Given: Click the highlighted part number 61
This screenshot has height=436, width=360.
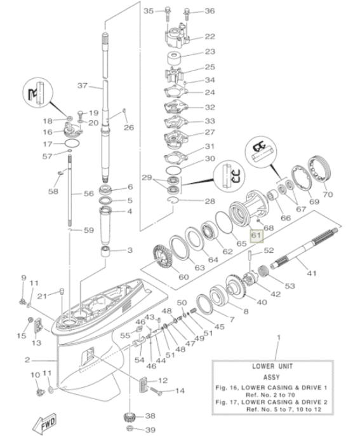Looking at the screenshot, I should coord(256,235).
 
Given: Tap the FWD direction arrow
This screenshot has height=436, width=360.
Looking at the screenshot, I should coord(46,421).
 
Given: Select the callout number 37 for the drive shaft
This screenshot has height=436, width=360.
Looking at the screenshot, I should coord(81,85).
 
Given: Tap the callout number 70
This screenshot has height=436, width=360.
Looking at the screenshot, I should coord(328,194).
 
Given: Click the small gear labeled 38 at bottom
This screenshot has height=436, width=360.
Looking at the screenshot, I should coord(131,418).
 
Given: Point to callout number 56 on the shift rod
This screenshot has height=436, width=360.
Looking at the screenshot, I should coord(89,193).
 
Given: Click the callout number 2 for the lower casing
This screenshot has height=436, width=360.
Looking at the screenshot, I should coord(27,359).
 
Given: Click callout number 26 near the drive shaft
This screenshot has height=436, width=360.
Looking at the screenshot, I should coord(129,127).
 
